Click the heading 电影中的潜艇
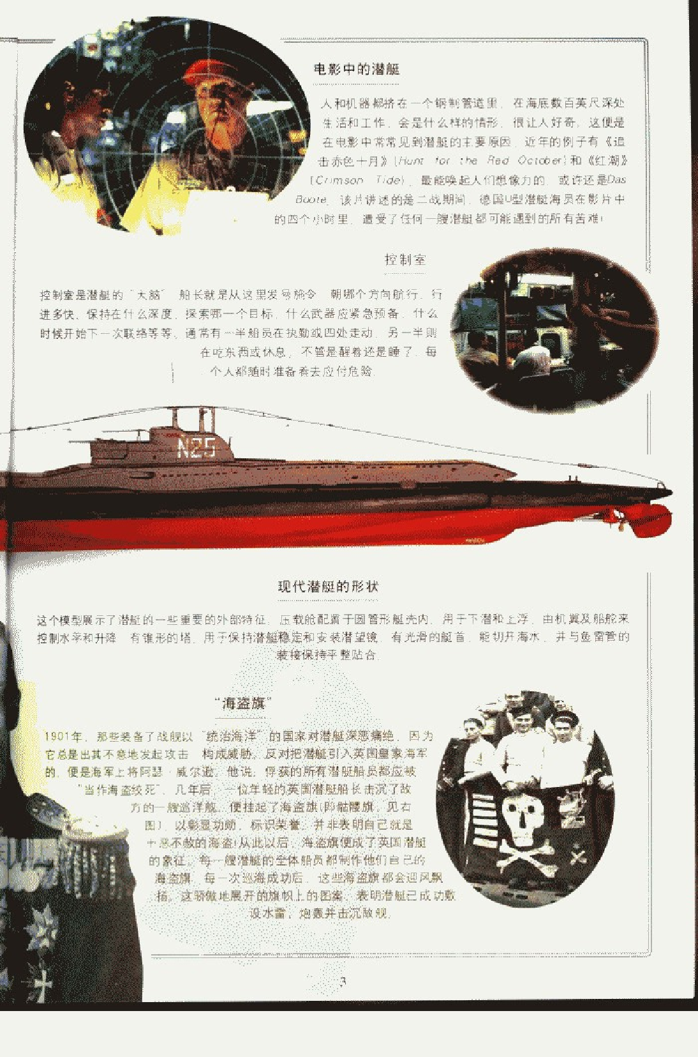click(357, 69)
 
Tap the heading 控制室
click(405, 259)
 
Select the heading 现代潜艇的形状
click(328, 587)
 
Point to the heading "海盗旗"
click(243, 703)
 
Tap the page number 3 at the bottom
click(343, 982)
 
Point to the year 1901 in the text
click(63, 736)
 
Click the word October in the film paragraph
click(539, 160)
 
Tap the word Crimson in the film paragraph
click(339, 180)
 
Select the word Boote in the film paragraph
click(311, 199)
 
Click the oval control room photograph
click(554, 329)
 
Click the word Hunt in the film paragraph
click(412, 160)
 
